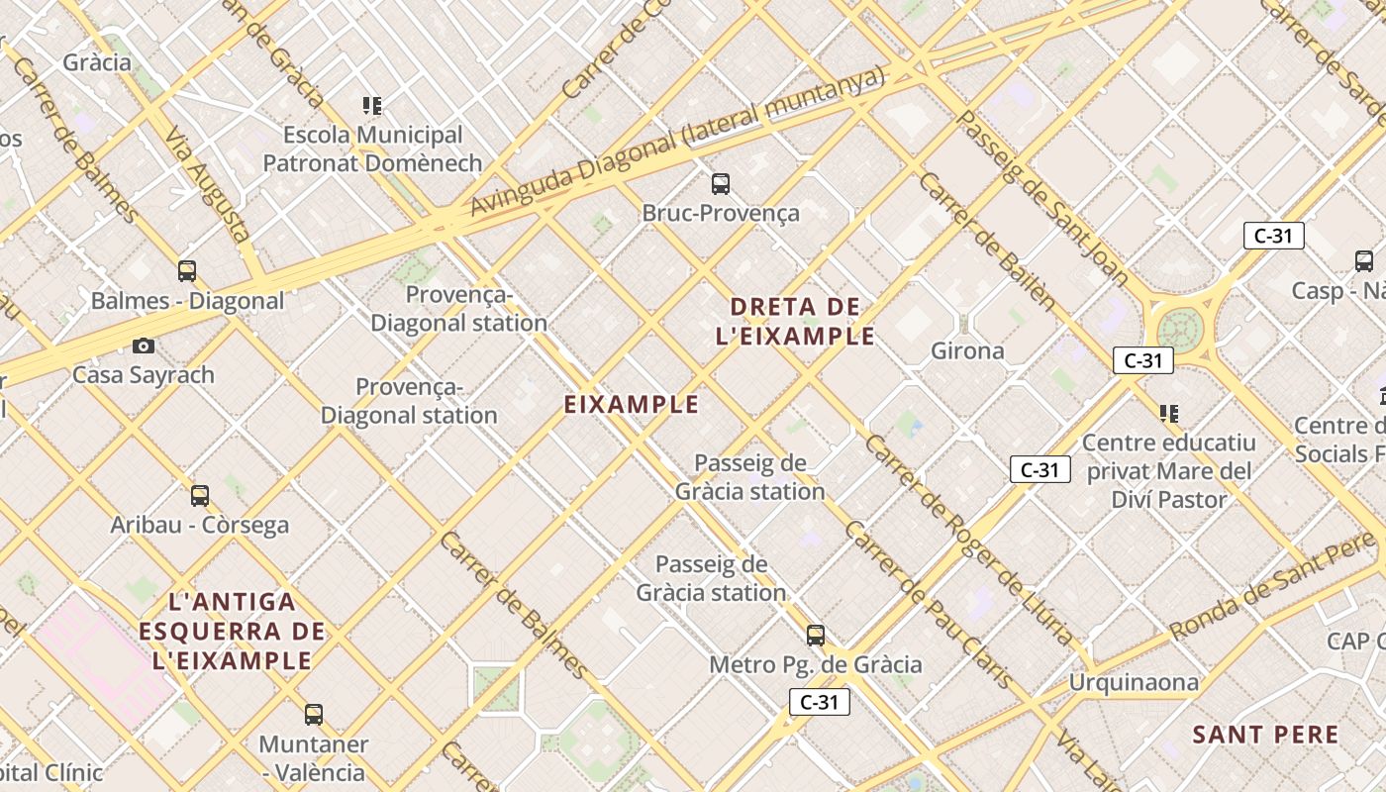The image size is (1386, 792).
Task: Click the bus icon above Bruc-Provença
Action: pos(721,183)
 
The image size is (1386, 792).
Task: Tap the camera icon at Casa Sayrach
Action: pos(144,346)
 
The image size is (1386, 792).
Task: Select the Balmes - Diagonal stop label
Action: pos(187,300)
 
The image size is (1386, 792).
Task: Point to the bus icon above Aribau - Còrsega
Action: pos(200,495)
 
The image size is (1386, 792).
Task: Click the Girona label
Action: pos(967,350)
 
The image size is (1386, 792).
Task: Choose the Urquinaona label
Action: pos(1133,682)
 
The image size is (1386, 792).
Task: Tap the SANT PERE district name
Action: pos(1265,735)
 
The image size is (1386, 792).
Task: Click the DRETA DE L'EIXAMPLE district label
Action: pos(795,321)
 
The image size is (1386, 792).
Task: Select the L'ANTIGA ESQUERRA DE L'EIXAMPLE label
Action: pos(233,631)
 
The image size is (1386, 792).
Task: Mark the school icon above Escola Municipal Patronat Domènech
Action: pos(372,105)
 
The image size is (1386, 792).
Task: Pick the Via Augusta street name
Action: pos(206,185)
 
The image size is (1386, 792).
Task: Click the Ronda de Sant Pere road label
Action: pos(1271,586)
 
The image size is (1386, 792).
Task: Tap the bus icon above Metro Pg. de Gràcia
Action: pos(816,635)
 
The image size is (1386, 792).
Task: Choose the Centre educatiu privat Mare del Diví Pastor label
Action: pos(1168,471)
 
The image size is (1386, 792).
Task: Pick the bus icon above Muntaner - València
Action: pos(314,714)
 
